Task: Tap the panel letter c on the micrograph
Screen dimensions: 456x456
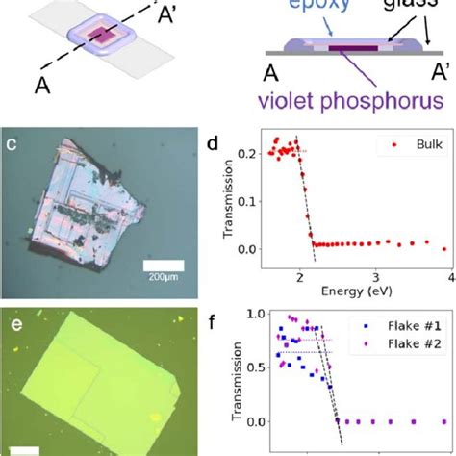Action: (x=14, y=173)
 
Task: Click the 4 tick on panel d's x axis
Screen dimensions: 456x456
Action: (x=447, y=276)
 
